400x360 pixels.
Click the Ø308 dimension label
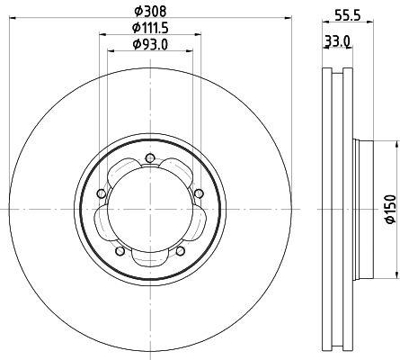[x=150, y=12]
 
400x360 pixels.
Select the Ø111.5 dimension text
[x=150, y=28]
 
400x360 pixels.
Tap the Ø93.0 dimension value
[x=150, y=44]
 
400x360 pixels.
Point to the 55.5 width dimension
[x=347, y=15]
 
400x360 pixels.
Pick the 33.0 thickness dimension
[x=338, y=40]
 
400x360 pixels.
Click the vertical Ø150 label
[x=390, y=209]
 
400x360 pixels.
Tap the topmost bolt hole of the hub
[x=149, y=157]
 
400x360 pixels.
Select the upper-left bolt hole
[x=102, y=193]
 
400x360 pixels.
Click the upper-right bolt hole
[x=199, y=193]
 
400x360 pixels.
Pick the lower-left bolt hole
[x=120, y=251]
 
